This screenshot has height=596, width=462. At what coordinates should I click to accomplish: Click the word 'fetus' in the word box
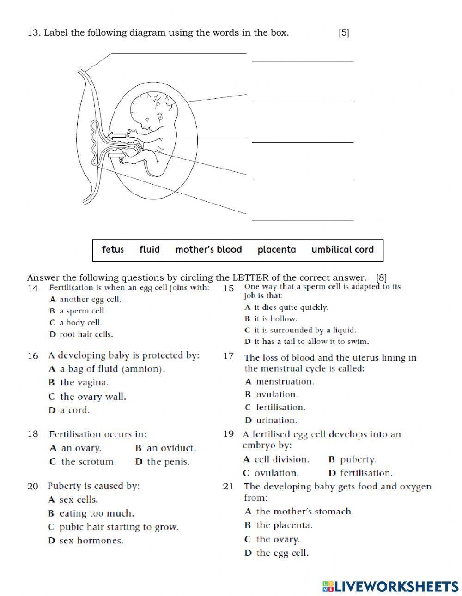tap(113, 250)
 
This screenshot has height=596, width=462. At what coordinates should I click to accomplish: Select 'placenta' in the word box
tap(276, 250)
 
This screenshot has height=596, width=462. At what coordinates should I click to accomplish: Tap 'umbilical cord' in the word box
tap(342, 250)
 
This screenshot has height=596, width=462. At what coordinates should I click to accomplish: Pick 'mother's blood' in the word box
tap(208, 250)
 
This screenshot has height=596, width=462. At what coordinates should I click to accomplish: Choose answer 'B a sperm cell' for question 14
tap(79, 311)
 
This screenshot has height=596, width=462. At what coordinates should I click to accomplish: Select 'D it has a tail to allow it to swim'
tap(307, 342)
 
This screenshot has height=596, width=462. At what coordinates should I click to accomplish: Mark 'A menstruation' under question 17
tap(280, 382)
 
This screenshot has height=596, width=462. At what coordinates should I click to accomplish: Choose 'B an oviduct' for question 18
tap(165, 448)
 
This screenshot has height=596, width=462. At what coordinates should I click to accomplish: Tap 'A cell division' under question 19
tap(276, 460)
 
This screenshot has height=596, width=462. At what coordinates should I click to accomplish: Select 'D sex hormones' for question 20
tap(85, 541)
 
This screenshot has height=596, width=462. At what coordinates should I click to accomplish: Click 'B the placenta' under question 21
tap(278, 525)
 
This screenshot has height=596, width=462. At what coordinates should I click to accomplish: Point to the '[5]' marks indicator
tap(344, 33)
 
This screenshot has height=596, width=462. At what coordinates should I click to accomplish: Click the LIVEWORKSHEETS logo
tap(390, 586)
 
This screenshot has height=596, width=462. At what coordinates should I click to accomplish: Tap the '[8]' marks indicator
tap(381, 277)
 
